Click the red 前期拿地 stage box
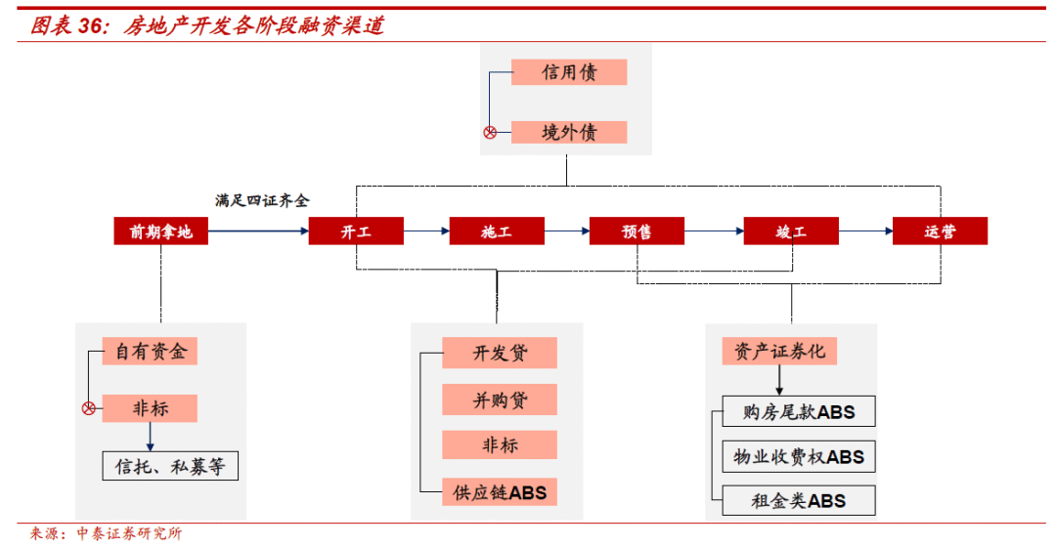[161, 231]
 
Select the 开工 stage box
[356, 231]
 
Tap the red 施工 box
[496, 231]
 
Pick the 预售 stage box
[637, 231]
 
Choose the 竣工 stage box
[791, 231]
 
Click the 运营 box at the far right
[940, 231]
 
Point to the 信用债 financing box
[569, 72]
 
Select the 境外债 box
[569, 132]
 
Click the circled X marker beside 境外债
[491, 132]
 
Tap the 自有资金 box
[150, 351]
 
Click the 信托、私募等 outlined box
[170, 466]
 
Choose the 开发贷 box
[500, 353]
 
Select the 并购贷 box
[500, 400]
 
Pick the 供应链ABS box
[500, 492]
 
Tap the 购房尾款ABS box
[799, 412]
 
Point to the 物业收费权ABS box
[799, 456]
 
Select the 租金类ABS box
[799, 501]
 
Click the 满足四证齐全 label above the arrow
[262, 200]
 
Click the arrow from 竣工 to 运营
[865, 231]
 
